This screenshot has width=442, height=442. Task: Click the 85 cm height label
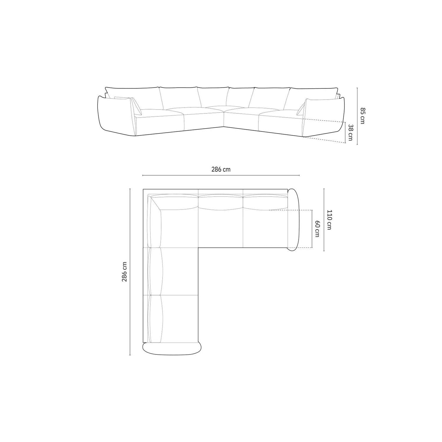(362, 116)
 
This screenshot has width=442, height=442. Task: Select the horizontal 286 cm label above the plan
(221, 169)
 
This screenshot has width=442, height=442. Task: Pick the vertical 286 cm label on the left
(124, 272)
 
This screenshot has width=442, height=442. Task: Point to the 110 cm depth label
(329, 220)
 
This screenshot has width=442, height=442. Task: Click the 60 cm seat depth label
(317, 228)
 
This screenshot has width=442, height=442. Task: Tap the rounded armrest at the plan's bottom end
(172, 349)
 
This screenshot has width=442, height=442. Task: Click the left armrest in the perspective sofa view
(116, 116)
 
